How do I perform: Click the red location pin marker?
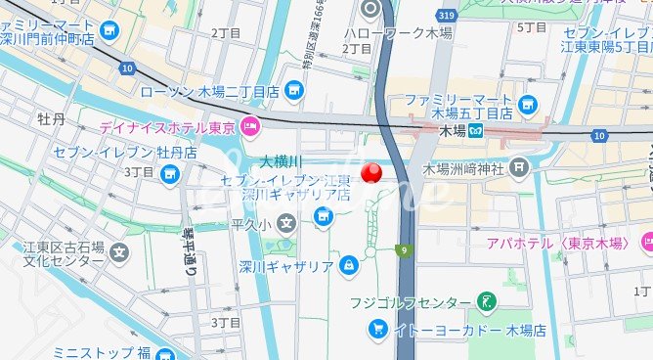coord(372,173)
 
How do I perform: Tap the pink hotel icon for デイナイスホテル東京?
coord(250,126)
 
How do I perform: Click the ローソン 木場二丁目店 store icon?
coord(293,91)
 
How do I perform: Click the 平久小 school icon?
coord(285,226)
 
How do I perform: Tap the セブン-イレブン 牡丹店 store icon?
coord(171,174)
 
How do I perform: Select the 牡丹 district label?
coord(51,120)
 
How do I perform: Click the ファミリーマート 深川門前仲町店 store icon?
coord(108,29)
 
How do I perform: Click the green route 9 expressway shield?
coord(402,251)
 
